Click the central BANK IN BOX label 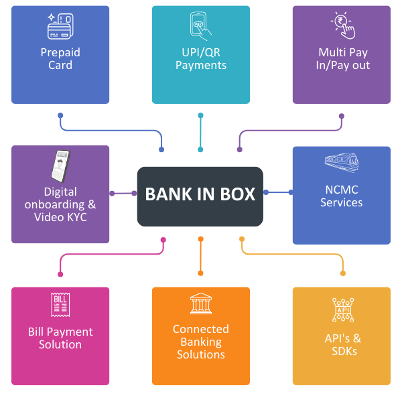point(200,194)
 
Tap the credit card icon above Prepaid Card point(60,26)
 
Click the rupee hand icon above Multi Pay point(342,25)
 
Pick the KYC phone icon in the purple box point(60,165)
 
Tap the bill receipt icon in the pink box point(60,305)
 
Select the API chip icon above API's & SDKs point(342,310)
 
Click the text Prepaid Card point(60,59)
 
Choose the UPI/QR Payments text point(200,59)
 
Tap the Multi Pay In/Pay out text point(342,59)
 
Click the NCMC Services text point(341,196)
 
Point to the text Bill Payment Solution point(60,338)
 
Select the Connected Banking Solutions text point(200,342)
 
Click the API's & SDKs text point(342,344)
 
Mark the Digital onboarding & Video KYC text point(60,204)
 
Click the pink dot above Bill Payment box point(60,274)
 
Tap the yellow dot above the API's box point(343,273)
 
